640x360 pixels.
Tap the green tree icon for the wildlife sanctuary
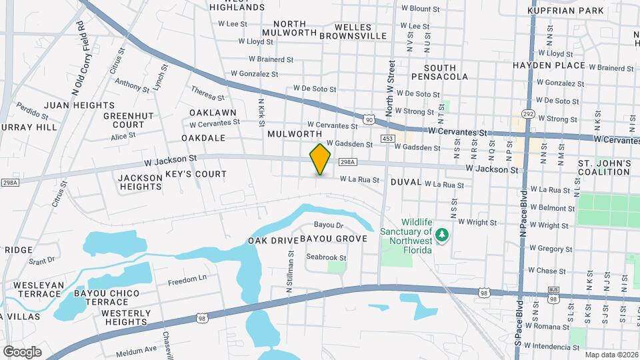pyautogui.click(x=441, y=235)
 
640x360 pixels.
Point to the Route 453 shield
pyautogui.click(x=387, y=138)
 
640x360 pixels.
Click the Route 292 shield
pyautogui.click(x=529, y=114)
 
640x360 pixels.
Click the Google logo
pyautogui.click(x=22, y=351)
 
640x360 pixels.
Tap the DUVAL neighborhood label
pyautogui.click(x=406, y=182)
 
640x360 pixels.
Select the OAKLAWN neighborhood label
pyautogui.click(x=213, y=113)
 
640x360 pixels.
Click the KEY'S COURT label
pyautogui.click(x=196, y=174)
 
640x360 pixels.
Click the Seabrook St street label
pyautogui.click(x=327, y=257)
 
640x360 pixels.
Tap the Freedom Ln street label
pyautogui.click(x=187, y=279)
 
